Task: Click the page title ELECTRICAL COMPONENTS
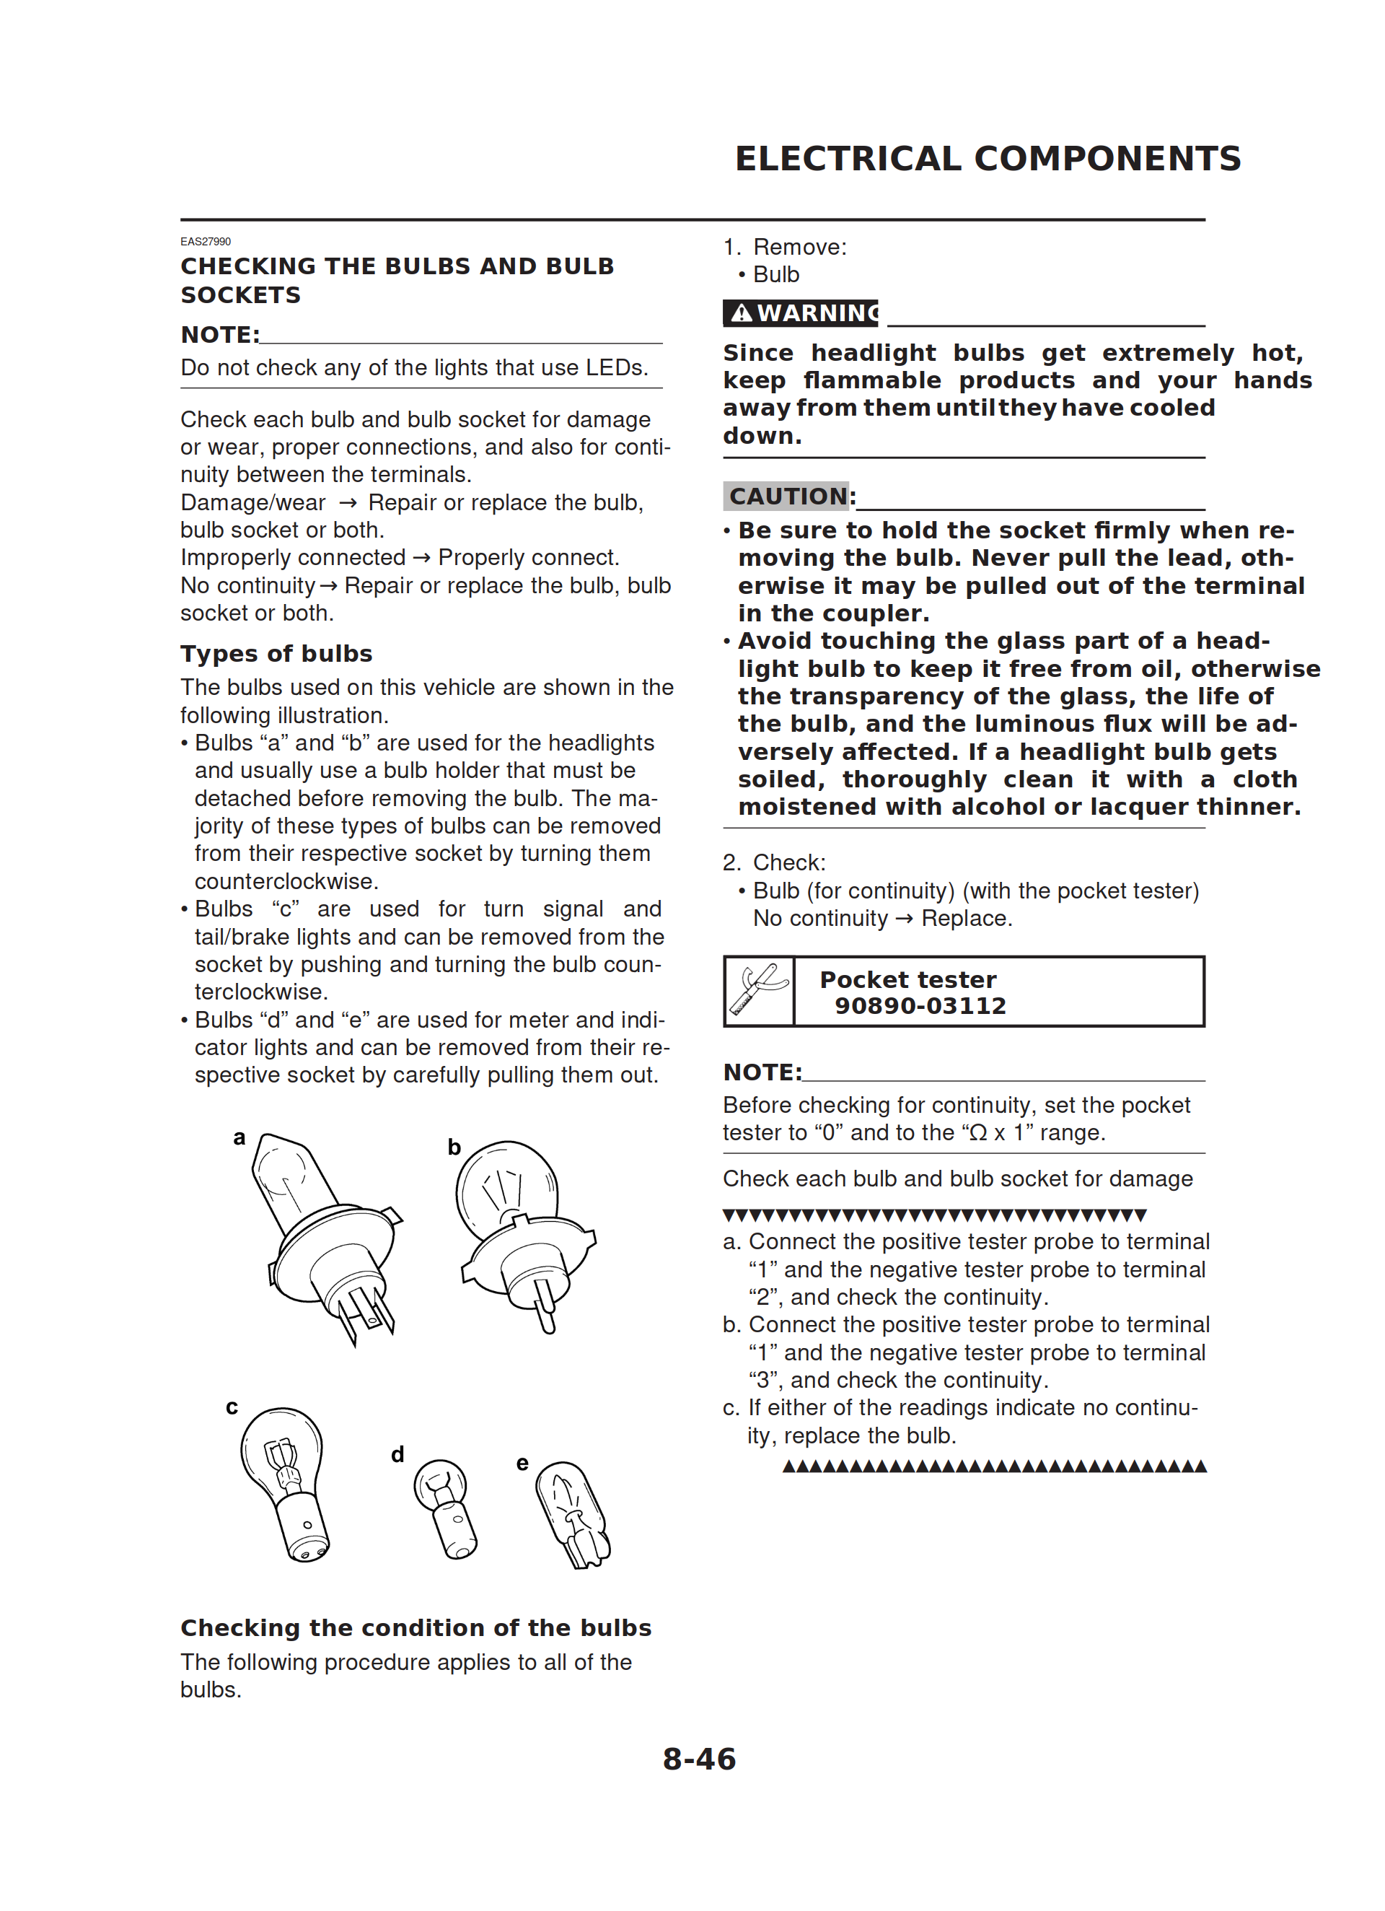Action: (988, 158)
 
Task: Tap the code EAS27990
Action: (206, 242)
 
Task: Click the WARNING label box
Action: (799, 313)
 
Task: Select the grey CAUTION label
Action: (787, 497)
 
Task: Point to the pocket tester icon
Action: (758, 991)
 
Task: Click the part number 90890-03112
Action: (920, 1006)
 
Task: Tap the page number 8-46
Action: (698, 1759)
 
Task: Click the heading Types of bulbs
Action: (276, 654)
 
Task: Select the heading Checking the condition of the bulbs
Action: (416, 1628)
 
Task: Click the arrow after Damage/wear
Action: (347, 503)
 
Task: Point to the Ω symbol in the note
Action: (978, 1133)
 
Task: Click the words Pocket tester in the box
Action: (907, 980)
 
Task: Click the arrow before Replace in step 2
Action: (904, 919)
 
